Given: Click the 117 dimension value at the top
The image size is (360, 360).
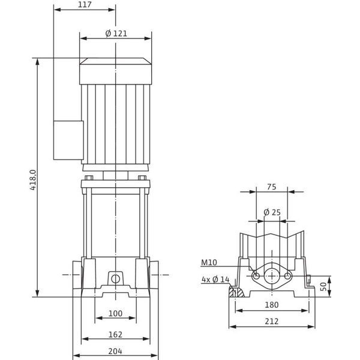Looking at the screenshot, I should coord(84,5).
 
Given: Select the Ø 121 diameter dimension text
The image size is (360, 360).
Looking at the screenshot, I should coord(116,33).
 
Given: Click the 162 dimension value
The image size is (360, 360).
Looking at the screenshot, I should coord(115,334).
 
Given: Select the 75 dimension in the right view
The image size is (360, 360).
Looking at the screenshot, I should coord(271,187).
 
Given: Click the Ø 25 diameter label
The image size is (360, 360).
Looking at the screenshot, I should coord(272,212).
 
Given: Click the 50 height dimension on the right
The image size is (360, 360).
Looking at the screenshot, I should coord(325,286).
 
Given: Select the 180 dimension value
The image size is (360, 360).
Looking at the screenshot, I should coord(271,305).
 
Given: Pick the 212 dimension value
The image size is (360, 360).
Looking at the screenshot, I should coord(271,322).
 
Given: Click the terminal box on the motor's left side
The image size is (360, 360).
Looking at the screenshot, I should coord(68,140).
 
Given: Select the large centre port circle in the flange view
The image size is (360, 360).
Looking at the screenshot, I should coord(272,275).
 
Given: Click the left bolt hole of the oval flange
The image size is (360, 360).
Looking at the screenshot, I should coord(256,275).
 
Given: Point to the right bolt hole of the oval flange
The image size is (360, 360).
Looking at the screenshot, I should coord(288,275).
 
